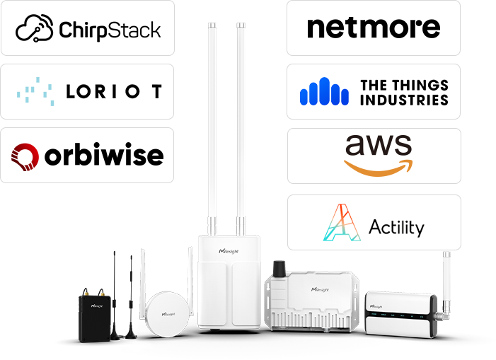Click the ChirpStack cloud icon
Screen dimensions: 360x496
[35, 29]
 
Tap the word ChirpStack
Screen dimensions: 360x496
[110, 30]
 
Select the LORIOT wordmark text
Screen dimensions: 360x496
[113, 92]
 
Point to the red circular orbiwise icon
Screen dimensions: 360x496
[25, 156]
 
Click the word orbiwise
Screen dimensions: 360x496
[103, 156]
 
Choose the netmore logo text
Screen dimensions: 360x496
[373, 28]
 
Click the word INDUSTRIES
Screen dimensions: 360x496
[404, 100]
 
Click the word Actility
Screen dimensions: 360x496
[396, 227]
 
